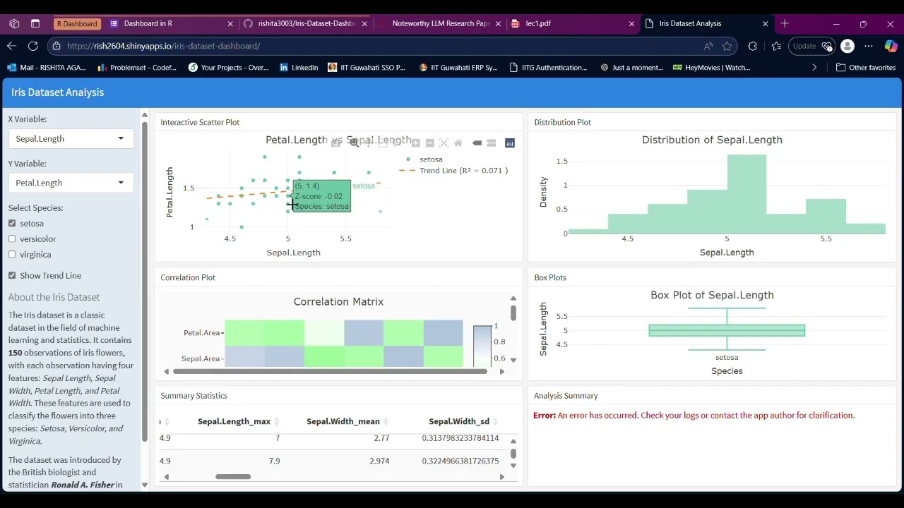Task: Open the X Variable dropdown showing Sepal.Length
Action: [71, 139]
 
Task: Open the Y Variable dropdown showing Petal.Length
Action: [71, 183]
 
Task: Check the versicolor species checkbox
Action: [12, 239]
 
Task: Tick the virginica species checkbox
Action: [12, 255]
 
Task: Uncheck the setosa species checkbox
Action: [12, 224]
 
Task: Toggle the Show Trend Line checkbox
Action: [12, 276]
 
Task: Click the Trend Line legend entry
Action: [463, 171]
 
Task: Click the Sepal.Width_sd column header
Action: [458, 421]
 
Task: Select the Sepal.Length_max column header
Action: [234, 421]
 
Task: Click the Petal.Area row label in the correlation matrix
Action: [201, 333]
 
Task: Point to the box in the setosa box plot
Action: [727, 330]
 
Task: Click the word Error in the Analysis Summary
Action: [544, 416]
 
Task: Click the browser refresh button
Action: [33, 46]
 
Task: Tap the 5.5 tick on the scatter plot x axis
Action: [345, 238]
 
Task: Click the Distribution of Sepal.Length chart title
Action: [712, 140]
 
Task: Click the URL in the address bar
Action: [164, 46]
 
